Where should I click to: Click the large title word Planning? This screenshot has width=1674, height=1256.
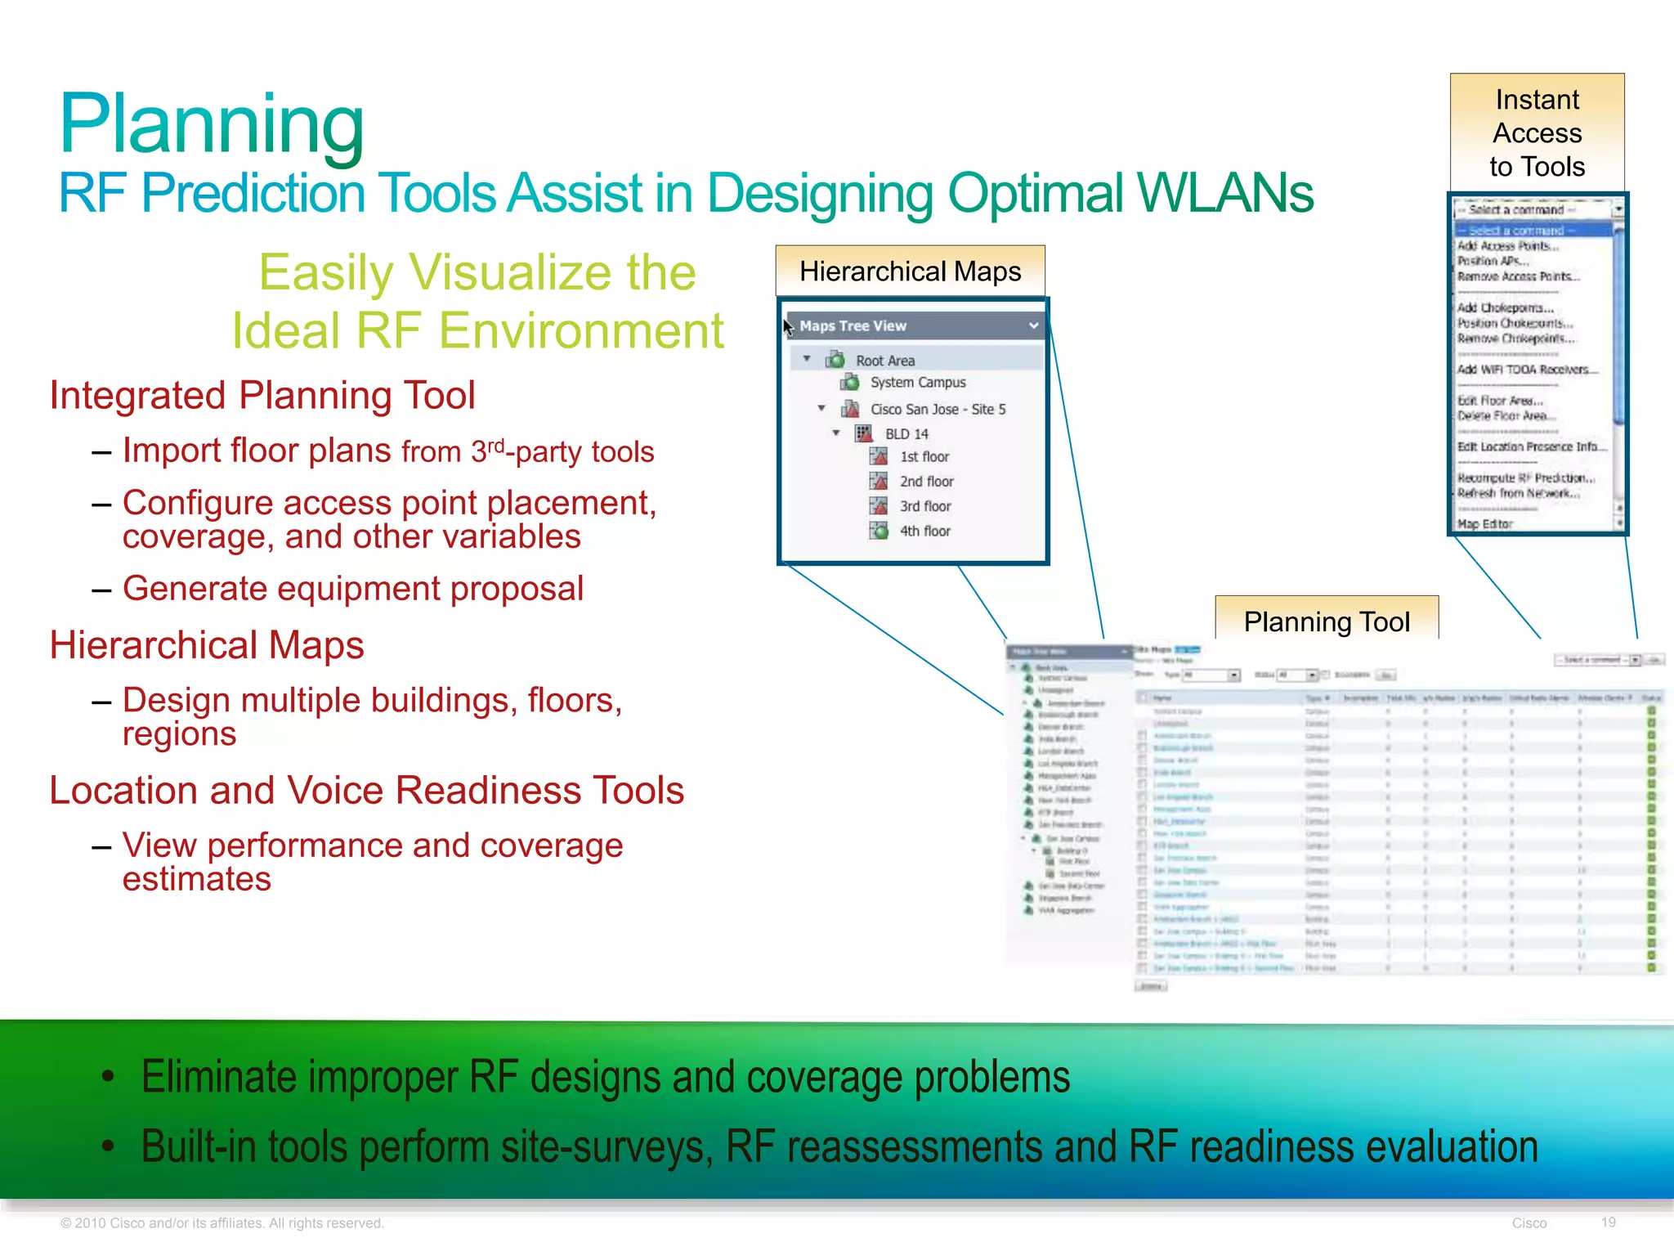point(212,124)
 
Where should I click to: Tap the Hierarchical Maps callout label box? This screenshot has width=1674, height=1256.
point(910,271)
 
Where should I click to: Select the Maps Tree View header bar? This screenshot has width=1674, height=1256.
point(911,325)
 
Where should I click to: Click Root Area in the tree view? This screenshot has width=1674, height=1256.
point(884,361)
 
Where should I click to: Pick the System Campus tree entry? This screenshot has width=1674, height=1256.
point(917,383)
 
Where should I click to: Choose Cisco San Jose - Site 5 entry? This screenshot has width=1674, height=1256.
point(937,409)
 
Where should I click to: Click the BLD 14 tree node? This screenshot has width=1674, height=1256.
point(906,434)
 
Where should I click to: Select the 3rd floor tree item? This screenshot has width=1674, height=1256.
point(924,506)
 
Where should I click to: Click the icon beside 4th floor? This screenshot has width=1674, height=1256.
point(878,531)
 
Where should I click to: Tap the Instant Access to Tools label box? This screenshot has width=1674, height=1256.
point(1537,132)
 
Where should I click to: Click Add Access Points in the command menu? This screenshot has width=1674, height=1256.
point(1507,245)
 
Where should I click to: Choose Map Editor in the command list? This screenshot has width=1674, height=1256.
point(1484,524)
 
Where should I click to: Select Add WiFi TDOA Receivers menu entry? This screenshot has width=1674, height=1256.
point(1525,370)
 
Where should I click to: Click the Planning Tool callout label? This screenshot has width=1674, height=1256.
point(1326,621)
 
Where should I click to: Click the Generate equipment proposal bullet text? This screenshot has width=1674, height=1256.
point(352,589)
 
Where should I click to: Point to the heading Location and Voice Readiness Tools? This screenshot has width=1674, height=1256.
point(366,791)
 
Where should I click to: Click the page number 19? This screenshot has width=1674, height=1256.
point(1608,1222)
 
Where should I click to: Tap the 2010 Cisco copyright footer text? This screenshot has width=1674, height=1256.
point(222,1223)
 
